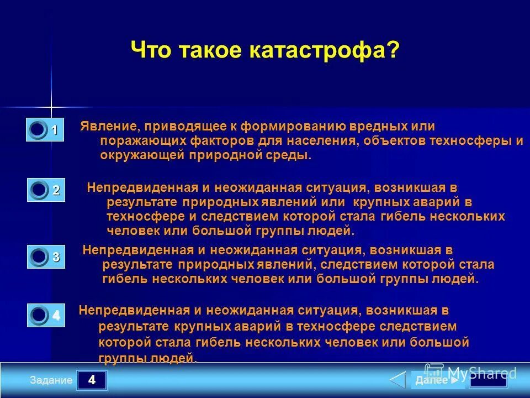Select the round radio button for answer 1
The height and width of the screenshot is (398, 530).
(x=38, y=130)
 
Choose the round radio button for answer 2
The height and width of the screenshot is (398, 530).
(x=39, y=190)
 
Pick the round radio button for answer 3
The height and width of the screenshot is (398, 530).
(x=39, y=256)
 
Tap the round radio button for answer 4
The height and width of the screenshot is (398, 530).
(x=39, y=315)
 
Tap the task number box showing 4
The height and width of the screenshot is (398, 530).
(x=92, y=380)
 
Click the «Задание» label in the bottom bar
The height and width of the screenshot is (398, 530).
(x=51, y=380)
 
